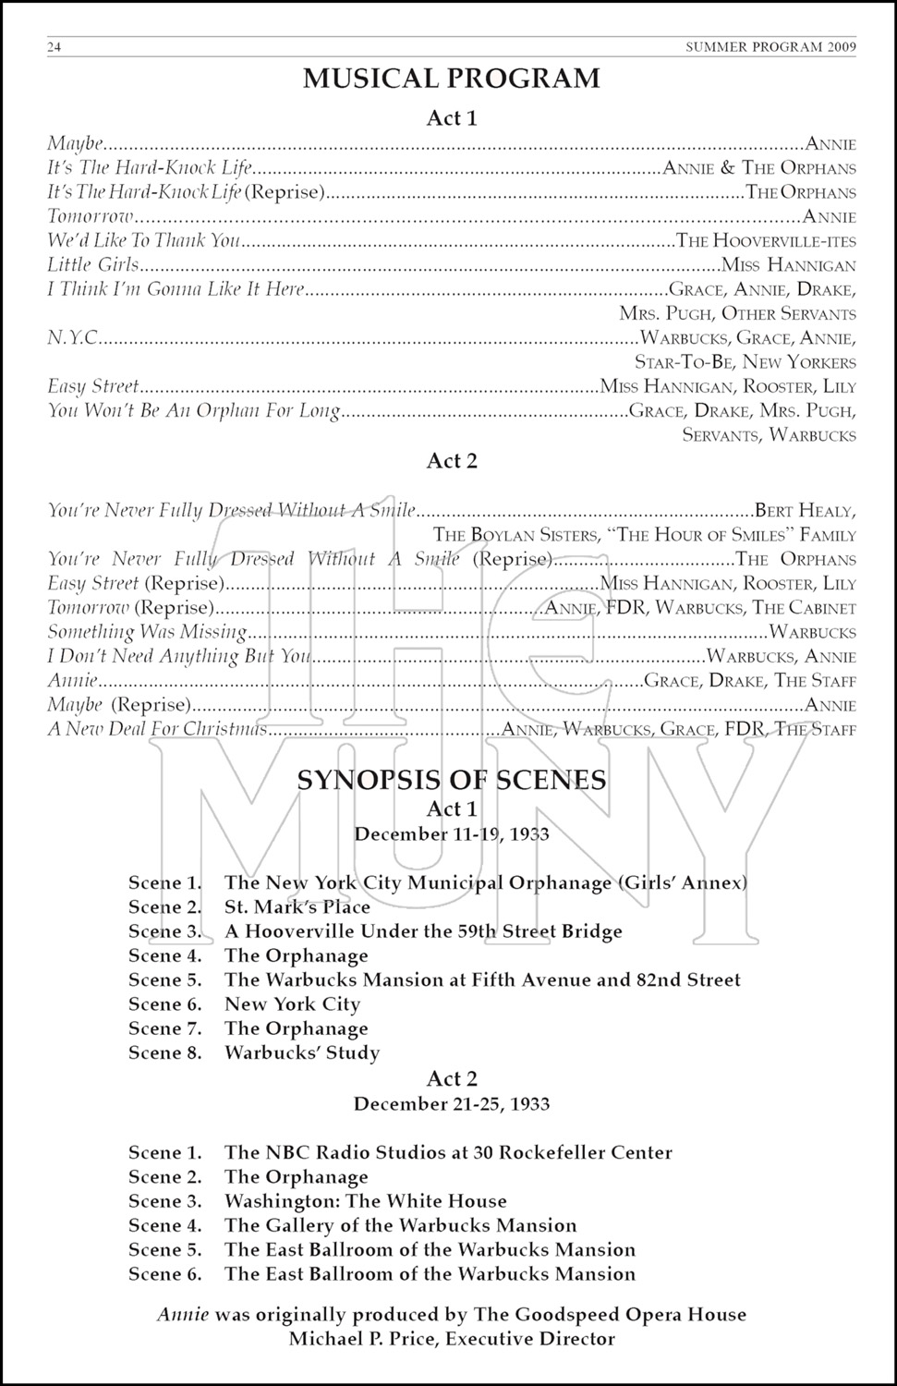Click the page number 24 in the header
[x=54, y=48]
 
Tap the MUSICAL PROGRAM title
[x=451, y=79]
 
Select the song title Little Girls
[x=93, y=265]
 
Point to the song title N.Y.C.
[x=73, y=338]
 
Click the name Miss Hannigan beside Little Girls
[x=788, y=266]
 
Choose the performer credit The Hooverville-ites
[x=766, y=242]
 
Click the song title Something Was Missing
[x=147, y=633]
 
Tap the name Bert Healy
[x=805, y=510]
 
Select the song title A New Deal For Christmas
[x=157, y=729]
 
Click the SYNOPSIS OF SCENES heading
[x=451, y=780]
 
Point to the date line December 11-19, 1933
[x=451, y=834]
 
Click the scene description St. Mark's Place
[x=297, y=907]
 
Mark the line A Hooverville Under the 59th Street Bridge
[x=423, y=931]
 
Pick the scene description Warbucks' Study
[x=302, y=1052]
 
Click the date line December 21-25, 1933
[x=451, y=1104]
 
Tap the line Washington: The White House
[x=365, y=1201]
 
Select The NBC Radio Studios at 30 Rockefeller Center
[x=448, y=1153]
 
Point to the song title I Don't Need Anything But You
[x=179, y=657]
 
